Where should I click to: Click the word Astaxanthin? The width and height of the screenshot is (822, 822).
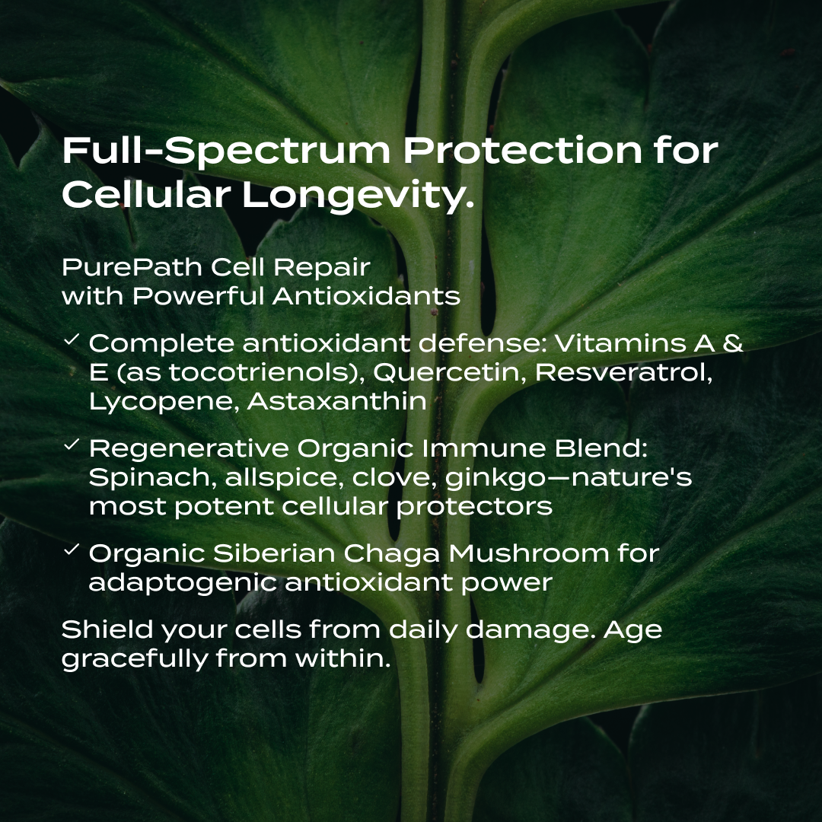pos(337,401)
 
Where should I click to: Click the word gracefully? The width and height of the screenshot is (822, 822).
pos(133,659)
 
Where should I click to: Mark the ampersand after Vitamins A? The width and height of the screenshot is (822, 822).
pos(731,343)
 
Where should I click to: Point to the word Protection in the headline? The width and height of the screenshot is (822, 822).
pos(523,151)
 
